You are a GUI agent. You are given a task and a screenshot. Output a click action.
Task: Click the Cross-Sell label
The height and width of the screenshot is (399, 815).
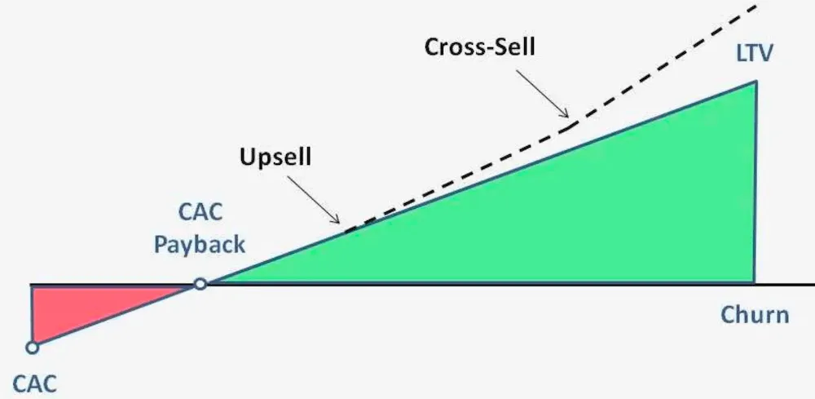click(x=479, y=46)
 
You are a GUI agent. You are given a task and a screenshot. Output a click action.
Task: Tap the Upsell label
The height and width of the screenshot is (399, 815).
click(x=275, y=156)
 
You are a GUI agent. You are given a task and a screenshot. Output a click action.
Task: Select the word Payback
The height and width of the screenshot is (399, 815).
click(x=200, y=244)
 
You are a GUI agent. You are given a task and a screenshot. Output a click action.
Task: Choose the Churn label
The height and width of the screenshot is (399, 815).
click(x=755, y=314)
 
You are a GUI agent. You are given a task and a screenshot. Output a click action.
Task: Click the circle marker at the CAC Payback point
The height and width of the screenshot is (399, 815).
click(x=200, y=284)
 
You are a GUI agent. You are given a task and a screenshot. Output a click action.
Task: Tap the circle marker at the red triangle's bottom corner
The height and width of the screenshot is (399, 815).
click(x=32, y=348)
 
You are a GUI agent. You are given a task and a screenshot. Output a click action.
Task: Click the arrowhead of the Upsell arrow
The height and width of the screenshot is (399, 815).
click(x=337, y=220)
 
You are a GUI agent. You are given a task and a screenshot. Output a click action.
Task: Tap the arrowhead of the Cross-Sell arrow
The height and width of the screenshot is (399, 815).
click(x=566, y=116)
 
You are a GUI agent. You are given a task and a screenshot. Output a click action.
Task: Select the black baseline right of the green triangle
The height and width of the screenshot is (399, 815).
click(x=786, y=285)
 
